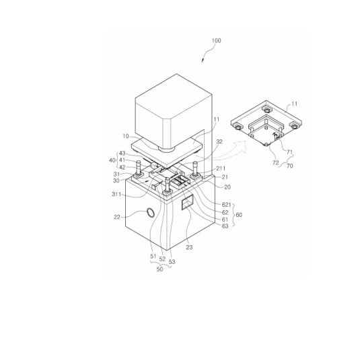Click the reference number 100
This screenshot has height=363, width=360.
pyautogui.click(x=216, y=40)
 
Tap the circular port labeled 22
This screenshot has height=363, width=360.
pyautogui.click(x=151, y=213)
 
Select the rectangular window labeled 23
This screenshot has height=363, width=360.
pyautogui.click(x=188, y=202)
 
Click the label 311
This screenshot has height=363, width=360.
pyautogui.click(x=116, y=194)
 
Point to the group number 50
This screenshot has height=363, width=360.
pyautogui.click(x=160, y=269)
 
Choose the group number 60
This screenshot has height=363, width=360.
pyautogui.click(x=239, y=215)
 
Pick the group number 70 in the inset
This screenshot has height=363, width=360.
pyautogui.click(x=289, y=166)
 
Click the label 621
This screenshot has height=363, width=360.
pyautogui.click(x=227, y=205)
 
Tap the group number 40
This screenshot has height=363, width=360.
pyautogui.click(x=112, y=160)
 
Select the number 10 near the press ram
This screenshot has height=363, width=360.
pyautogui.click(x=126, y=136)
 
